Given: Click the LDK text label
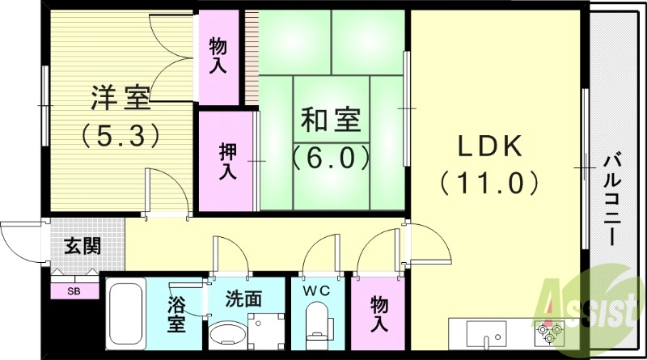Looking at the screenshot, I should pyautogui.click(x=491, y=147).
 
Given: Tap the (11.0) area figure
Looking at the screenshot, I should pyautogui.click(x=491, y=183).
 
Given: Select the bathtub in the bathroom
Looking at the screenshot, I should pyautogui.click(x=125, y=316).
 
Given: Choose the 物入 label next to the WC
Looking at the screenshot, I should pyautogui.click(x=378, y=314).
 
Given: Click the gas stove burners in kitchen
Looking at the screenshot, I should pyautogui.click(x=550, y=332).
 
